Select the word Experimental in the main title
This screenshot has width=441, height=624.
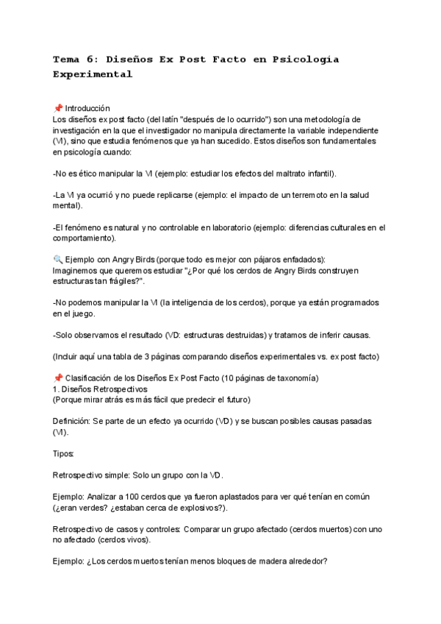coord(93,74)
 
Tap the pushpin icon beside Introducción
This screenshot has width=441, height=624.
coord(58,108)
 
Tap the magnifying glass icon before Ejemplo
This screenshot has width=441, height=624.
coord(58,260)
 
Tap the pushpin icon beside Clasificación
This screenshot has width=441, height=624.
coord(58,379)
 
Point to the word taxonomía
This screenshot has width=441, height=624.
coord(293,379)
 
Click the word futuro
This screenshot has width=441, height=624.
coord(234,400)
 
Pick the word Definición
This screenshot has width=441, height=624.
coord(71,422)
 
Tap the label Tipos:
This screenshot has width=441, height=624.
coord(64,454)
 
